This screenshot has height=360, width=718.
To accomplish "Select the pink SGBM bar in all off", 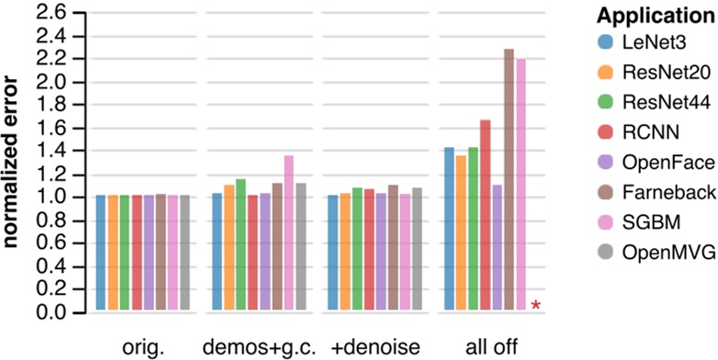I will point(521,185).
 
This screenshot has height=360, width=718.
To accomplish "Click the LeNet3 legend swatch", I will point(603,41).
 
